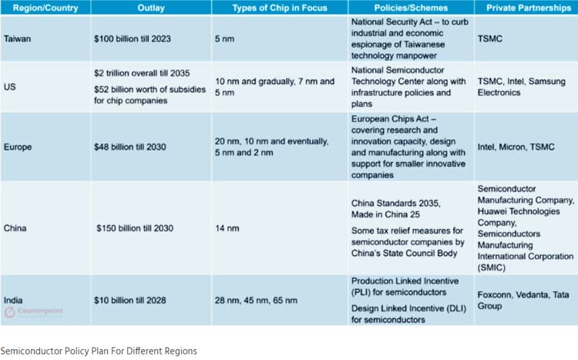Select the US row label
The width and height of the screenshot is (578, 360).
[11, 87]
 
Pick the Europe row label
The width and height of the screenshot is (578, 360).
[19, 146]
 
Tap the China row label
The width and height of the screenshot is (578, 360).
[16, 228]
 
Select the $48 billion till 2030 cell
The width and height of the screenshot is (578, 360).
[134, 146]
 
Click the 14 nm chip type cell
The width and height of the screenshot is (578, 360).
[228, 228]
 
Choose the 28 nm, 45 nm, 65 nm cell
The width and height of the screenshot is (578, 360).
[256, 300]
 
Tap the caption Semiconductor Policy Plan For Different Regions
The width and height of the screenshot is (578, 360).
[98, 351]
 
